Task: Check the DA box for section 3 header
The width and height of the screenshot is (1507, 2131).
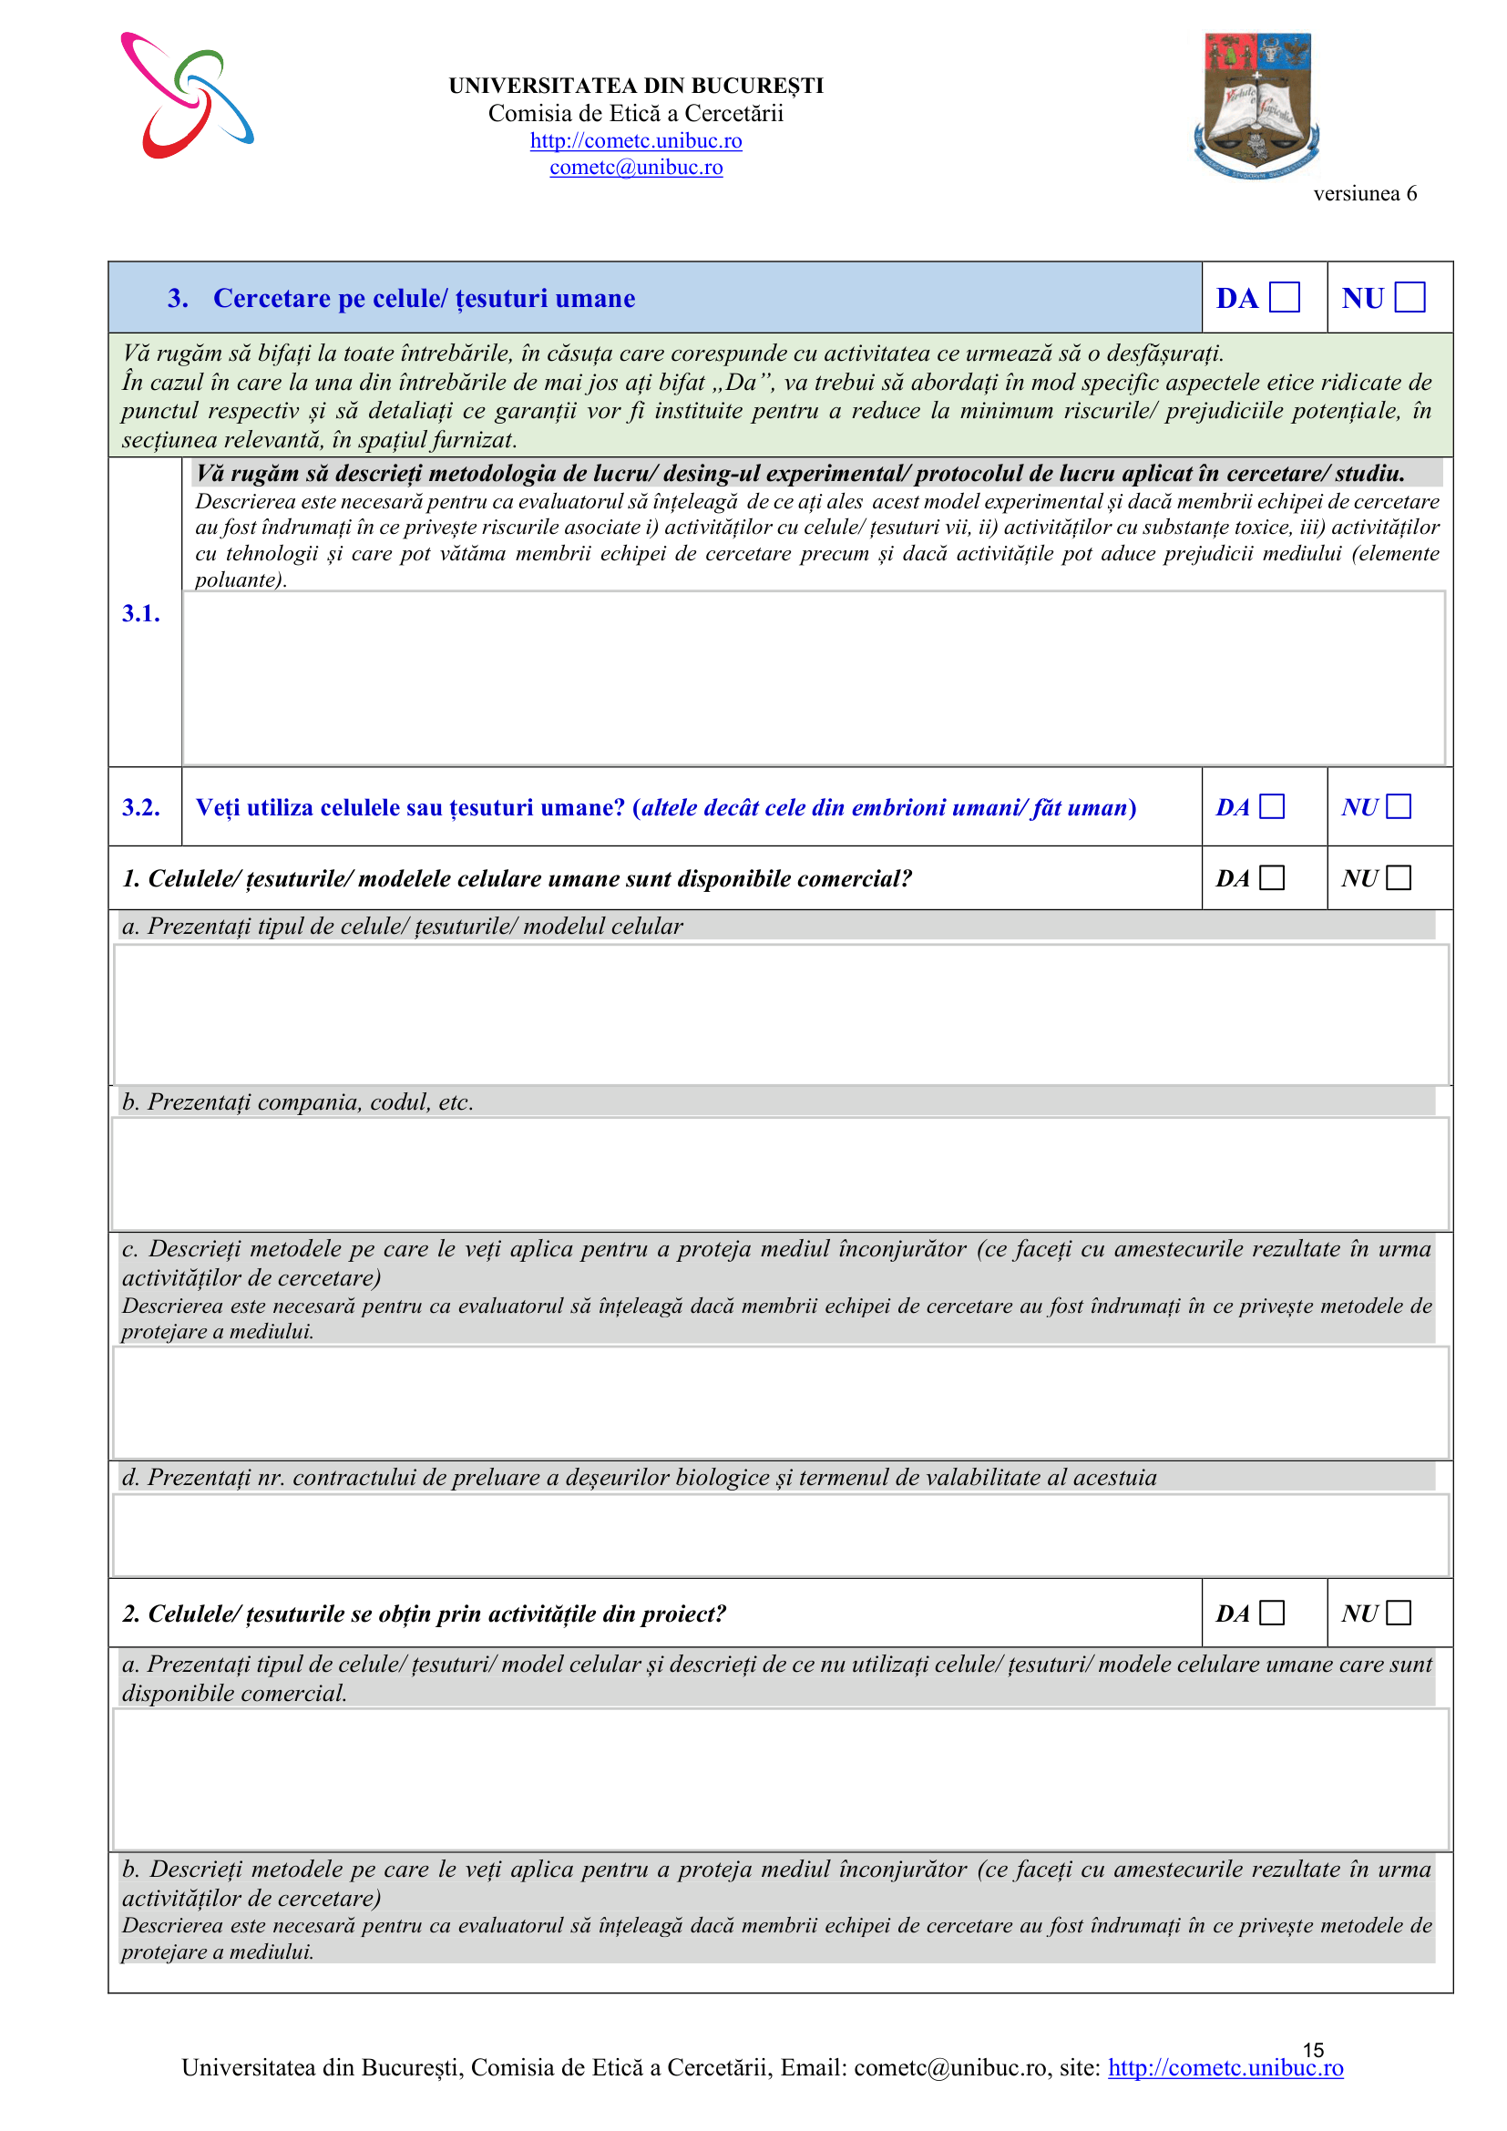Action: click(x=1285, y=298)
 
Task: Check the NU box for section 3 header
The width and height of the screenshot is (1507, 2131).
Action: click(x=1410, y=298)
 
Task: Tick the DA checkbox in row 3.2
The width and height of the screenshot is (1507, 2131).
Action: click(x=1272, y=806)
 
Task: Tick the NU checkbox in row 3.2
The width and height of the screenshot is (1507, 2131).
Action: click(x=1399, y=806)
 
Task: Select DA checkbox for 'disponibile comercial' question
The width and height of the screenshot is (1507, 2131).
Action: click(x=1272, y=878)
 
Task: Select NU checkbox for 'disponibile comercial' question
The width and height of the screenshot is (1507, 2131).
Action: click(x=1399, y=878)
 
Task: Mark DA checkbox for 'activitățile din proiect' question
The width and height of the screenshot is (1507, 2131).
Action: click(x=1272, y=1614)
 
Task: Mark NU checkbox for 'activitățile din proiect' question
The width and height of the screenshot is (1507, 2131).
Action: click(x=1399, y=1614)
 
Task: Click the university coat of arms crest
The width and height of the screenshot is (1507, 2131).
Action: click(x=1256, y=104)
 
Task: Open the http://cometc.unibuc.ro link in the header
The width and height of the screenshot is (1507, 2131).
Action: click(x=636, y=141)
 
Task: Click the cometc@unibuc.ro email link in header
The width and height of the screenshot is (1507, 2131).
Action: click(x=636, y=168)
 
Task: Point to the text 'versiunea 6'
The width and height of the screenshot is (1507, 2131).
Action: click(x=1364, y=194)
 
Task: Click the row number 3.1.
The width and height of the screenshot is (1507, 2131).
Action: click(x=141, y=613)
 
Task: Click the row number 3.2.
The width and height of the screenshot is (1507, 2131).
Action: click(x=141, y=807)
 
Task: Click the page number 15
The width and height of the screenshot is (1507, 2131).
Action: click(x=1313, y=2049)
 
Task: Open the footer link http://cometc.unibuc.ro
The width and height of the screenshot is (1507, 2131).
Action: click(x=1225, y=2068)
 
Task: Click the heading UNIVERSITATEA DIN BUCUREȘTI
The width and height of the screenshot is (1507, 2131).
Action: click(x=636, y=87)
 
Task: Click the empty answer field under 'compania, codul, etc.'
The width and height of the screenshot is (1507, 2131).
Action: click(x=781, y=1174)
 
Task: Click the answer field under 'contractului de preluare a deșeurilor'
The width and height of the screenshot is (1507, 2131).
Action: click(x=781, y=1535)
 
